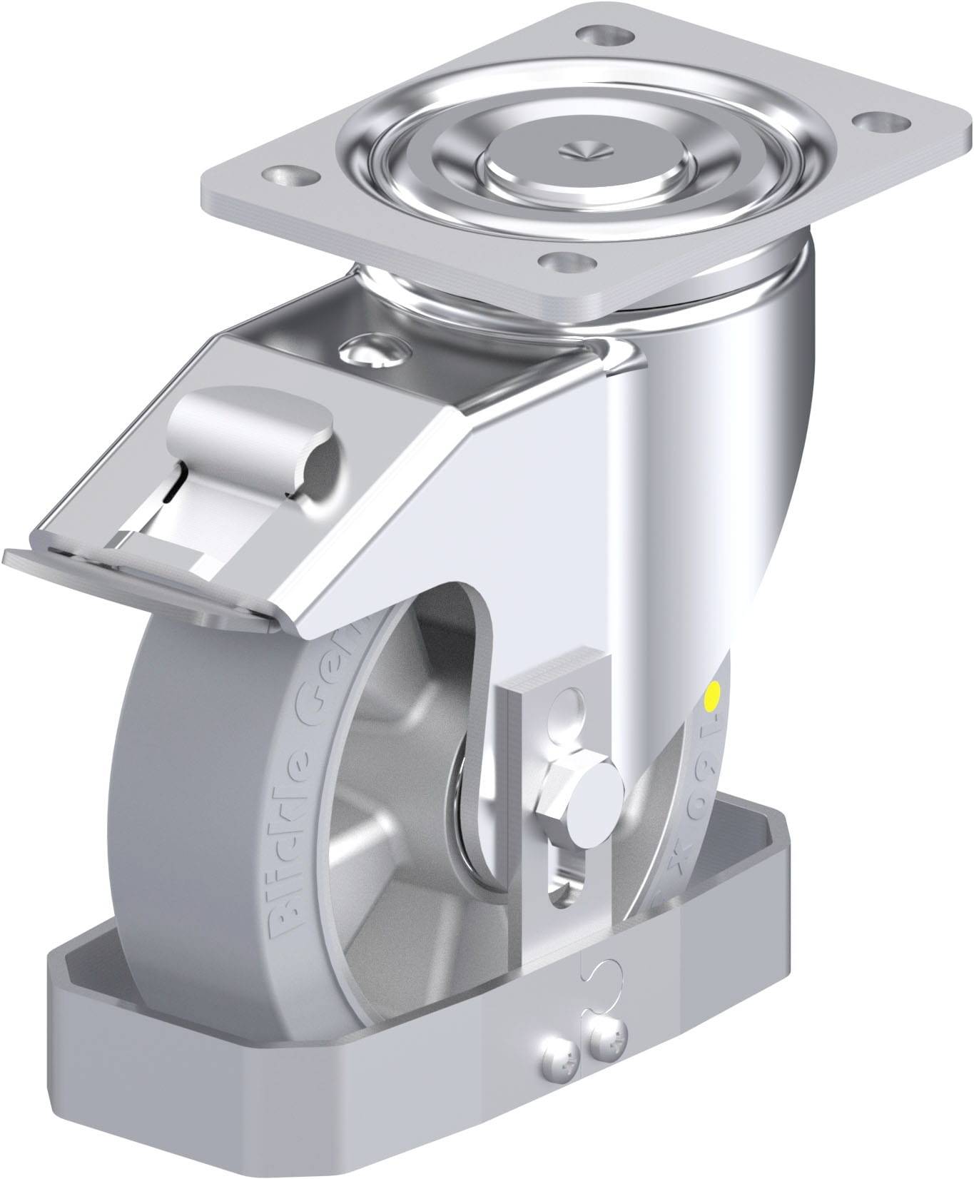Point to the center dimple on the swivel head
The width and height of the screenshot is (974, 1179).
(578, 149)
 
